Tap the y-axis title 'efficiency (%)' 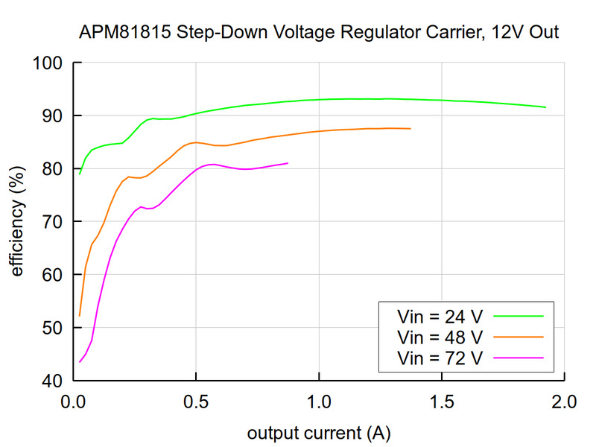pyautogui.click(x=16, y=221)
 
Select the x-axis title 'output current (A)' pyautogui.click(x=318, y=433)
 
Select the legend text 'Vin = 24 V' pyautogui.click(x=440, y=316)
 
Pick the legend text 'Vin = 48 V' pyautogui.click(x=440, y=337)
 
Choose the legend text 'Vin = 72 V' pyautogui.click(x=440, y=358)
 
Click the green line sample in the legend pyautogui.click(x=519, y=316)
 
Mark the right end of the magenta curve pyautogui.click(x=288, y=163)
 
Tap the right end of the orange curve pyautogui.click(x=410, y=129)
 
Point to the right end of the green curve pyautogui.click(x=545, y=107)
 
